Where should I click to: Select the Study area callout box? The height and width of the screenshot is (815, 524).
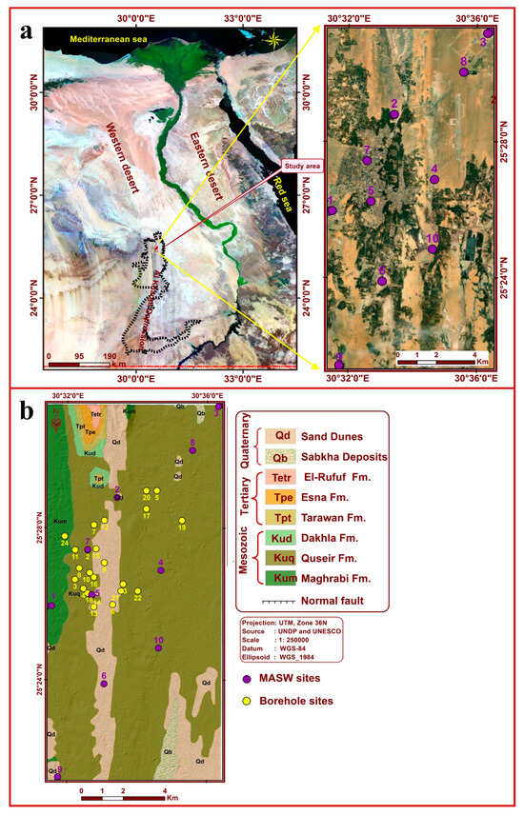tap(297, 166)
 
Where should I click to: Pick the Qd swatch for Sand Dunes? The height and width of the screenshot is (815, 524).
tap(282, 435)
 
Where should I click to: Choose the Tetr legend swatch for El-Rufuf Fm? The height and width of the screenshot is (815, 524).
tap(282, 478)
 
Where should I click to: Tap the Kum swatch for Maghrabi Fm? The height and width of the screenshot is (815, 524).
tap(282, 578)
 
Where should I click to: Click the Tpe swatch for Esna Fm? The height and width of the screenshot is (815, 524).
tap(282, 498)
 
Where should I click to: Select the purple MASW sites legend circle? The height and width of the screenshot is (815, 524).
tap(247, 679)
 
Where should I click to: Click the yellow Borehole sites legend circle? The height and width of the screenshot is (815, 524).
tap(247, 701)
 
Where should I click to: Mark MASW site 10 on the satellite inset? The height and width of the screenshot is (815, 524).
tap(433, 249)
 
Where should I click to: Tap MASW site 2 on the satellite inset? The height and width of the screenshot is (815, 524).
tap(394, 114)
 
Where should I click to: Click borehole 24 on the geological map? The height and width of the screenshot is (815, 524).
tap(64, 535)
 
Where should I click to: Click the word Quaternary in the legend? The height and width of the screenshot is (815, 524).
tap(247, 446)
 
